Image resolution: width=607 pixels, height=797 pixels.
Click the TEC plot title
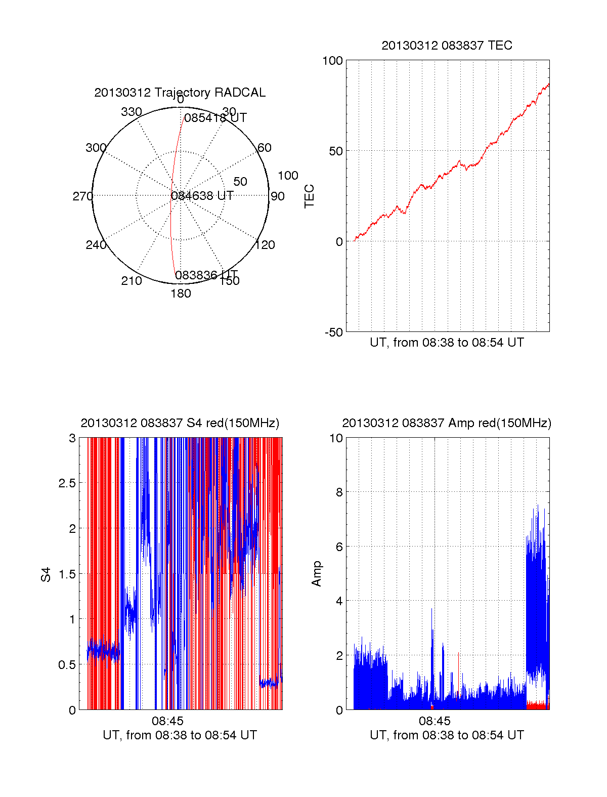point(447,46)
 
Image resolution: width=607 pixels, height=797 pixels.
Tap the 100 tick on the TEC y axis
point(332,61)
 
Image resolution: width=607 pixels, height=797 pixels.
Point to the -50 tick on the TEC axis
point(333,332)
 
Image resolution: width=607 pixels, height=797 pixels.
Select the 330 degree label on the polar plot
point(132,112)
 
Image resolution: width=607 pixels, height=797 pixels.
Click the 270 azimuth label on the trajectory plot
point(82,196)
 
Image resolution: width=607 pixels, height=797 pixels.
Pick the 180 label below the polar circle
point(181,293)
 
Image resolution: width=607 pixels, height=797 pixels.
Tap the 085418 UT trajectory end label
point(215,118)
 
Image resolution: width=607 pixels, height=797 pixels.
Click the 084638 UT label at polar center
point(202,196)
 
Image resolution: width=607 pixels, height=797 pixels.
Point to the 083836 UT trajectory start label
point(206,275)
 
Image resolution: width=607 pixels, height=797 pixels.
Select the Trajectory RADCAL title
point(180,93)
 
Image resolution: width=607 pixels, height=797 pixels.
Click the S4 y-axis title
point(46,574)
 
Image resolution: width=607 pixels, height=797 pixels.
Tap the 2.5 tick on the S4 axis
point(67,483)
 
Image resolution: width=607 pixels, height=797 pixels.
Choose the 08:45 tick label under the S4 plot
point(167,721)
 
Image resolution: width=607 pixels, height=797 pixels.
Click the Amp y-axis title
point(317,574)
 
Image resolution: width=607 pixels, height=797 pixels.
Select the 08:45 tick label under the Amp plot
point(435,721)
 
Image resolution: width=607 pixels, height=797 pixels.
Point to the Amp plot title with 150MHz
point(447,423)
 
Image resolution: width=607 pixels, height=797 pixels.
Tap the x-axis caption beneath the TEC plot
point(447,343)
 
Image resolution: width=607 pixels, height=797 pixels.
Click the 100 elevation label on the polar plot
point(288,176)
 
